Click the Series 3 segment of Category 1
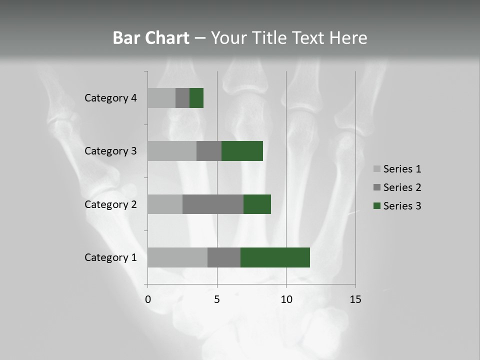[275, 257]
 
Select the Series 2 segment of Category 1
[224, 257]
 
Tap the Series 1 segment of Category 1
[177, 257]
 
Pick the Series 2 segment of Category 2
[213, 204]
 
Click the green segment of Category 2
[257, 204]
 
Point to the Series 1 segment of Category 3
[172, 151]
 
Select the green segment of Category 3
[242, 151]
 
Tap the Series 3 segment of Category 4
[196, 98]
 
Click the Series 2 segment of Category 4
[182, 98]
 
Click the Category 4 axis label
[110, 98]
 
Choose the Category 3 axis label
[110, 151]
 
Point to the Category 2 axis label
[110, 204]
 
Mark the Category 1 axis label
[110, 257]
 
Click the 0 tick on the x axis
[148, 300]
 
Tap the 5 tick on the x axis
[217, 300]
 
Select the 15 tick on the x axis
[355, 300]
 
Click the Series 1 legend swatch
[377, 169]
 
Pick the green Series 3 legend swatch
[377, 206]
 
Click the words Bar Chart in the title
[151, 38]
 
